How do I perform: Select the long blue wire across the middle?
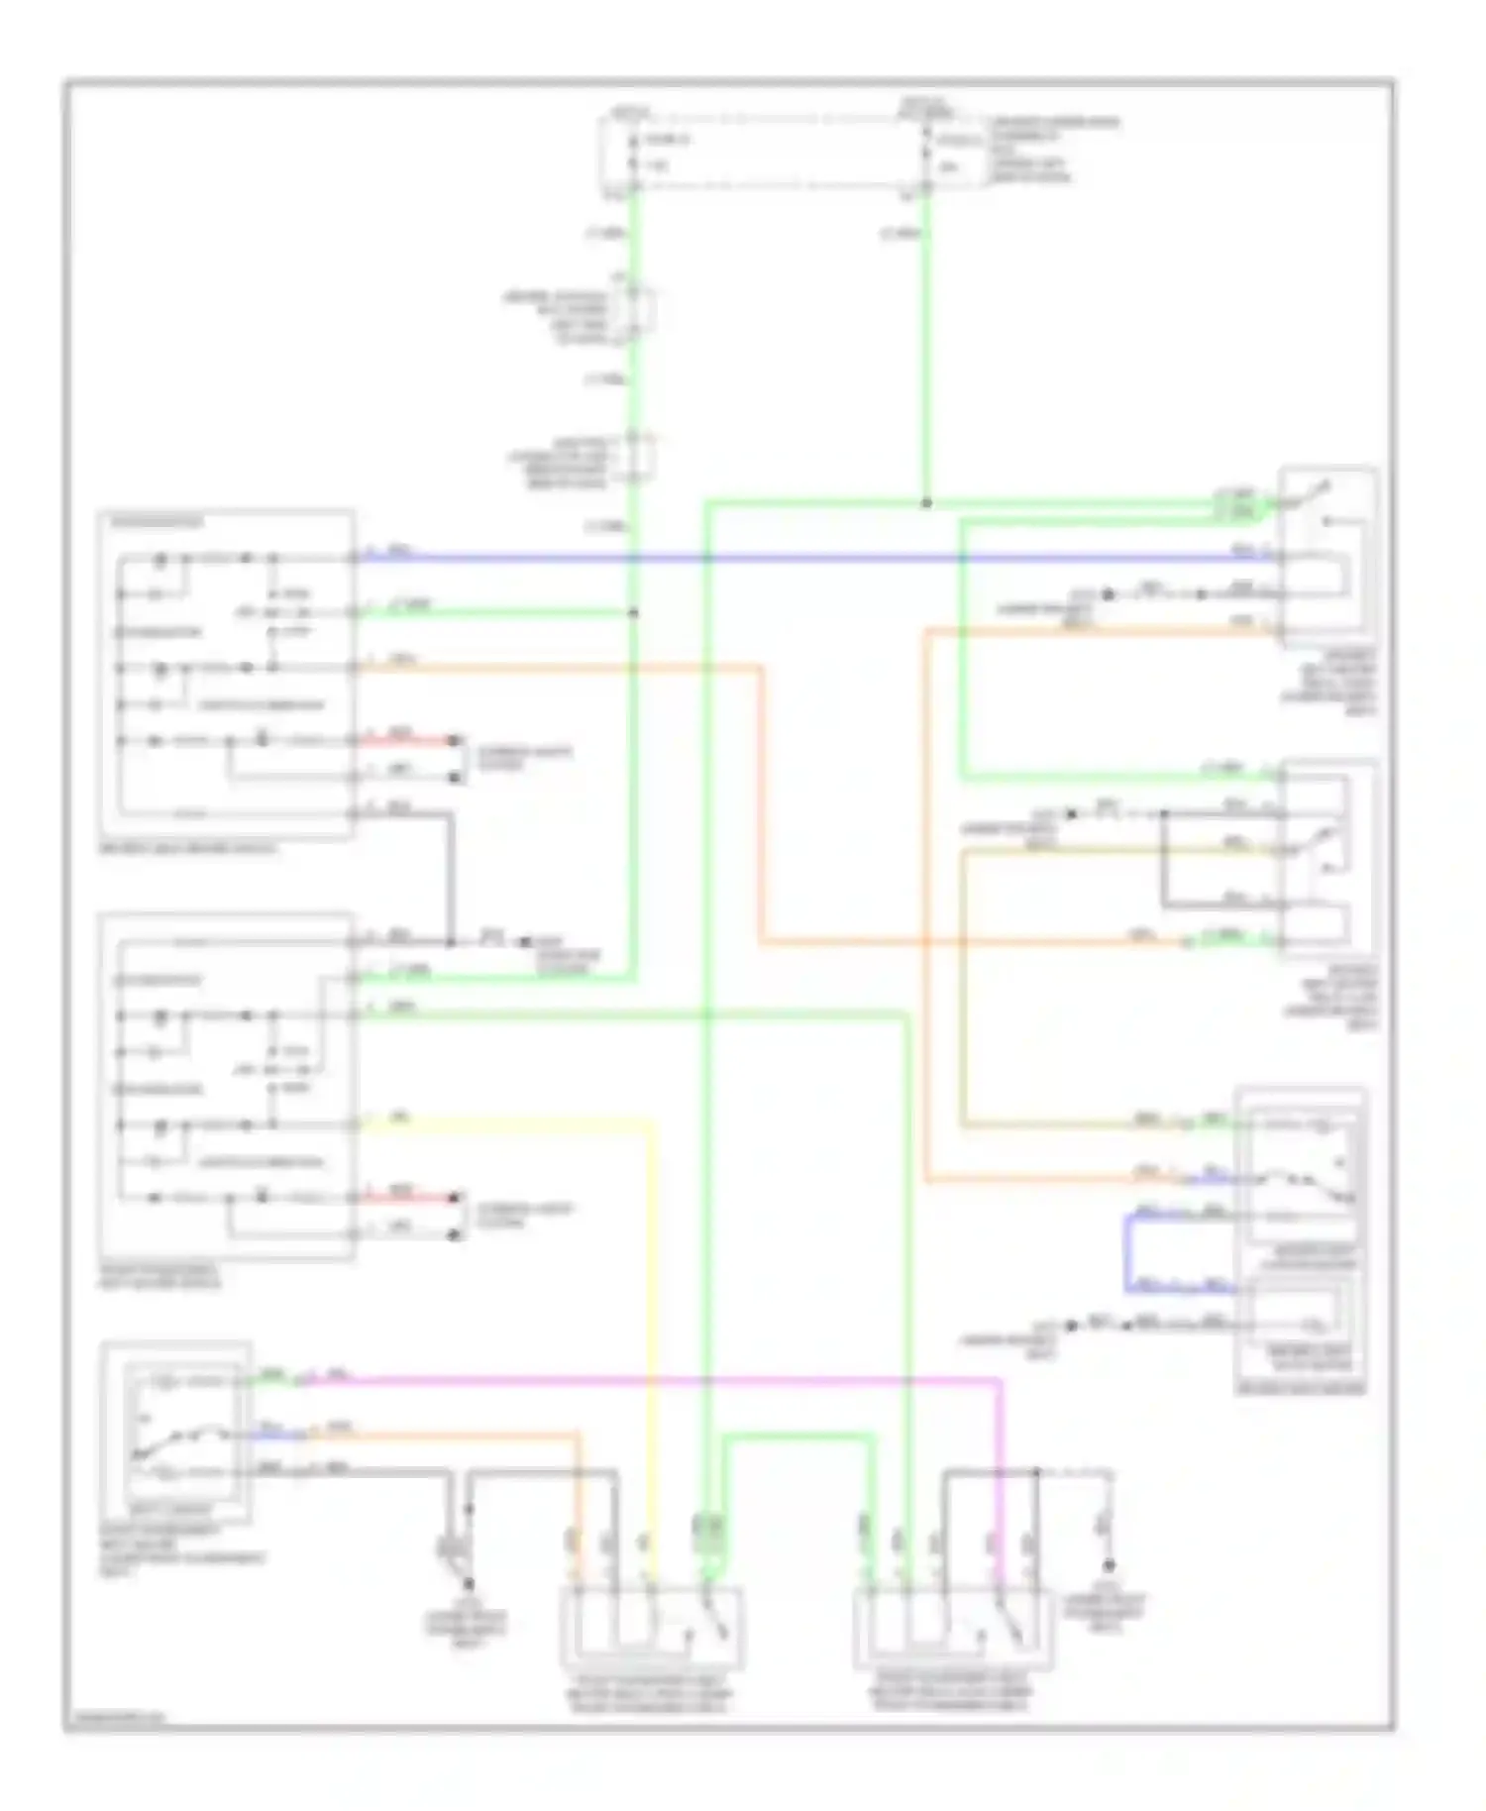point(793,558)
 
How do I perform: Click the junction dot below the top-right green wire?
point(927,503)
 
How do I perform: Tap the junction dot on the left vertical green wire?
point(634,612)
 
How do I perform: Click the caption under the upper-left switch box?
point(188,849)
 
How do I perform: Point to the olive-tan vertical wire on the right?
point(962,991)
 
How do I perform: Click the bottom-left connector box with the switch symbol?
point(652,1627)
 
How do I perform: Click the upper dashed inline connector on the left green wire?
point(634,313)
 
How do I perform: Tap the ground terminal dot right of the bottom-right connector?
point(1109,1565)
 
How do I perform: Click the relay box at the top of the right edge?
point(1327,555)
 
